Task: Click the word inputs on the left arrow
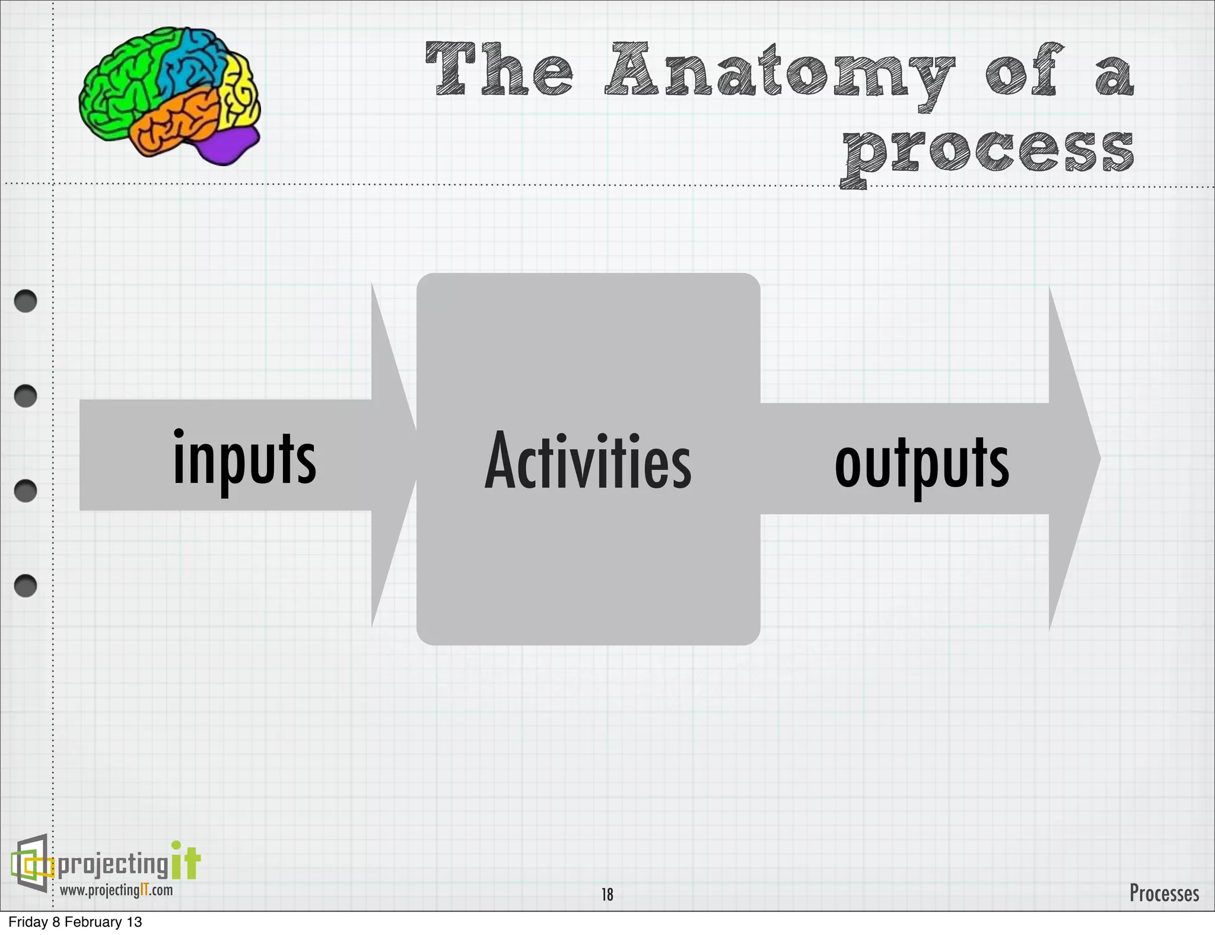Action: pyautogui.click(x=244, y=459)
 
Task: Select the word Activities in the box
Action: pyautogui.click(x=587, y=462)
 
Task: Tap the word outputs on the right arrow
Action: pyautogui.click(x=921, y=463)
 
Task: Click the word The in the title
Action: pyautogui.click(x=499, y=70)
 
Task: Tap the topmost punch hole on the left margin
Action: pyautogui.click(x=26, y=301)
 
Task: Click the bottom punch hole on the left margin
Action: pyautogui.click(x=26, y=586)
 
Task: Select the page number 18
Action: pyautogui.click(x=607, y=894)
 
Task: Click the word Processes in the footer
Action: pyautogui.click(x=1163, y=893)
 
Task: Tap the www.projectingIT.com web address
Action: pyautogui.click(x=116, y=891)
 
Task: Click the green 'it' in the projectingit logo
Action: pyautogui.click(x=186, y=861)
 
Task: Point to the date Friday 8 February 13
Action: pyautogui.click(x=75, y=922)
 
